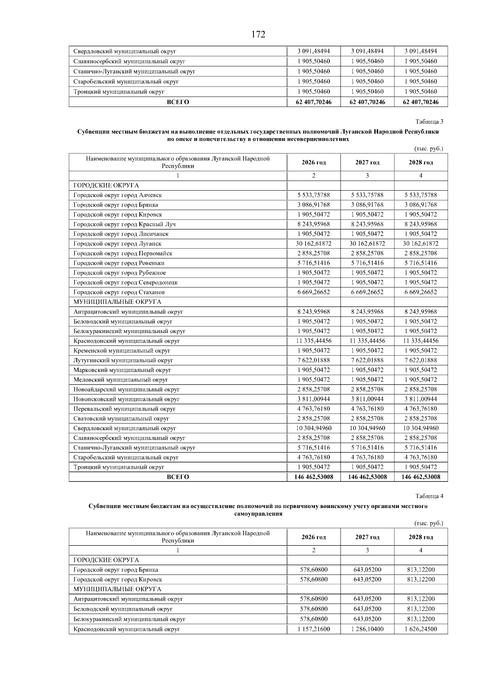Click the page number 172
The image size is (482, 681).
tap(258, 35)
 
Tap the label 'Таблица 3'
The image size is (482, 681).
tap(429, 122)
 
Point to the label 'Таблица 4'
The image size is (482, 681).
tap(429, 496)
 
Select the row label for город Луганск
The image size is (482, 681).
tap(117, 244)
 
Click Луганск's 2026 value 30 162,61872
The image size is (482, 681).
tap(314, 244)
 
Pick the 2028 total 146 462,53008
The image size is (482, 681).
tap(421, 477)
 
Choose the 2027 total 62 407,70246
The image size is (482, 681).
tap(367, 102)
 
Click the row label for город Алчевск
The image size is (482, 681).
tap(118, 195)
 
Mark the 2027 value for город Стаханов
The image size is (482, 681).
tap(367, 292)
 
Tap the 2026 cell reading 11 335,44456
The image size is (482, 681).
tap(314, 341)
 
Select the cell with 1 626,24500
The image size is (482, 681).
tap(421, 629)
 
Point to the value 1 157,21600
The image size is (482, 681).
tap(314, 629)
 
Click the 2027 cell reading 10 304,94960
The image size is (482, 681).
tap(367, 428)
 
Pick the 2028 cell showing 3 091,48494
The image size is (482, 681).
tap(421, 51)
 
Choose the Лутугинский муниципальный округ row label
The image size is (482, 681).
tap(123, 360)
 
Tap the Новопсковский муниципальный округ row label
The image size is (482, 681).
tap(127, 399)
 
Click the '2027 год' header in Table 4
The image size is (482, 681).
tap(367, 537)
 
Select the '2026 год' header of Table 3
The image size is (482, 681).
tap(314, 163)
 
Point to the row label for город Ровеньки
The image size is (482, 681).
tap(119, 263)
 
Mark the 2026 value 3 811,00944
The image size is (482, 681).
tap(314, 399)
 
